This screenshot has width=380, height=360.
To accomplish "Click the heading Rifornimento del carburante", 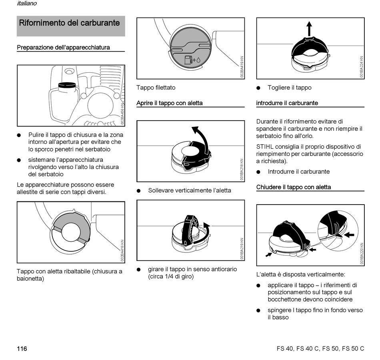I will pos(70,23).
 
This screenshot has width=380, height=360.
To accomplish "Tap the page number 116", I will pos(22,349).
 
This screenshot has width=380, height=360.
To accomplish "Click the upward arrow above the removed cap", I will pos(309,29).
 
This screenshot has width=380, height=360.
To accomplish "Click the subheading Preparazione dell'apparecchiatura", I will pos(63,48).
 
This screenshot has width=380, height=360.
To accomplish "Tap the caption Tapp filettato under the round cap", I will pos(156,88).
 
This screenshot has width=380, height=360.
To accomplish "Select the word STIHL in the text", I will pos(265,147).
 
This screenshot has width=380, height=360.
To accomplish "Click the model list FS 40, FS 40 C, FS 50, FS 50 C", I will pos(320,349).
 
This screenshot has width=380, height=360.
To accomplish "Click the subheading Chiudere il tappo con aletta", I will pos(293,187).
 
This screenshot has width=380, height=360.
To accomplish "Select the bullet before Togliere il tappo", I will pos(259,88).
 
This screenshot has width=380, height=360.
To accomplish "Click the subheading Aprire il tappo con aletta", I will pos(169,103).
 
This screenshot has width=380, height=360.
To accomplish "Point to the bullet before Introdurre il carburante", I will pos(259,172).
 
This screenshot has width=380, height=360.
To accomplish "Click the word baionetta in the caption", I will pos(30,279).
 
